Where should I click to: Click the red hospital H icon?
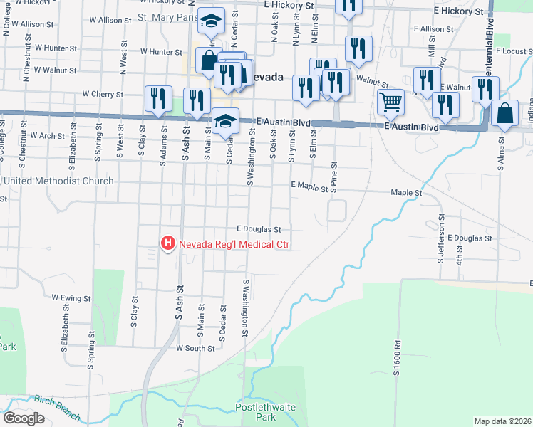168,244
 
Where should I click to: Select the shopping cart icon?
390,102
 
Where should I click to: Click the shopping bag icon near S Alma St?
504,114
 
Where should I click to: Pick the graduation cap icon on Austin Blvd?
225,120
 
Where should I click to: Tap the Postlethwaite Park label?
256,412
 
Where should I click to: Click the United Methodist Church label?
58,181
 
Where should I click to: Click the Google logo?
24,418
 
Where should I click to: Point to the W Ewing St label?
71,298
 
